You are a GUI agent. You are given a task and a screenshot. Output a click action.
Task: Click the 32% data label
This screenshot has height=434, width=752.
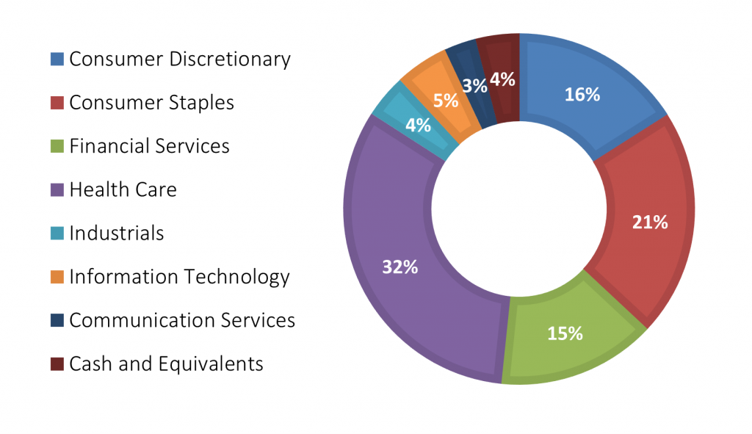point(400,267)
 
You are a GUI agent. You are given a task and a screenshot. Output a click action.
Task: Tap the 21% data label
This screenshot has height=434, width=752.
point(650,222)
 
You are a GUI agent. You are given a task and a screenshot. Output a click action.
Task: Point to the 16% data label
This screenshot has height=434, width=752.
point(582,94)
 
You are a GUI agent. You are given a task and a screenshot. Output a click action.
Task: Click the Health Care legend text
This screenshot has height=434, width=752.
point(123,190)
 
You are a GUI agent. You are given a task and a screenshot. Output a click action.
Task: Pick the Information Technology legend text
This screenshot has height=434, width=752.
point(179,277)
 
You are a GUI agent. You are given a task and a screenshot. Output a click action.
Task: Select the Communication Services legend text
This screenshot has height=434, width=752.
point(181,320)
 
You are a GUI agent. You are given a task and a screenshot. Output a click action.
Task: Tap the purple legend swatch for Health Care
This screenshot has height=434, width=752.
point(57,190)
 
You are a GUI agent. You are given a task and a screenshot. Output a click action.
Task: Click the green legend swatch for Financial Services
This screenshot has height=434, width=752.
point(57,146)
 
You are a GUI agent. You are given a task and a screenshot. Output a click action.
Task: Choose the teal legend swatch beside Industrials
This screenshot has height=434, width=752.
point(57,234)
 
